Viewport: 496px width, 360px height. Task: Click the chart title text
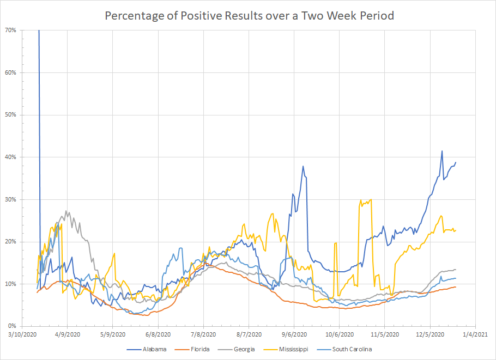[249, 16]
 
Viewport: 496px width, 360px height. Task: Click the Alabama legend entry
[155, 349]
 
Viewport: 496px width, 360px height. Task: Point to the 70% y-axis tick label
[11, 30]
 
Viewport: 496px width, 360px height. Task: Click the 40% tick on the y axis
[11, 157]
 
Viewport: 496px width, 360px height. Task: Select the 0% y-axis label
[13, 326]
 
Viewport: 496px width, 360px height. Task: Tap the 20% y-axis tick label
[11, 241]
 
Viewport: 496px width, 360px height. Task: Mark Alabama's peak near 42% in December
[441, 151]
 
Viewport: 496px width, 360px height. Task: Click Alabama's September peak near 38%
[303, 166]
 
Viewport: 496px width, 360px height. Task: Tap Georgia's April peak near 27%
[66, 211]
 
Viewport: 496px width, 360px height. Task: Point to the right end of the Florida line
[456, 286]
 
